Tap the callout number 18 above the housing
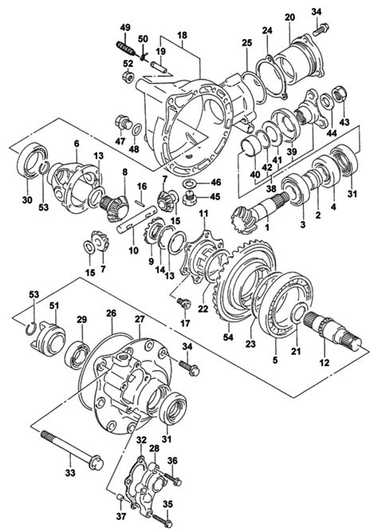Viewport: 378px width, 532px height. click(x=182, y=36)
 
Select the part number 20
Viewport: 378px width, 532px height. click(x=289, y=17)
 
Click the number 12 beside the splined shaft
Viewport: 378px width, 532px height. click(x=324, y=363)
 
